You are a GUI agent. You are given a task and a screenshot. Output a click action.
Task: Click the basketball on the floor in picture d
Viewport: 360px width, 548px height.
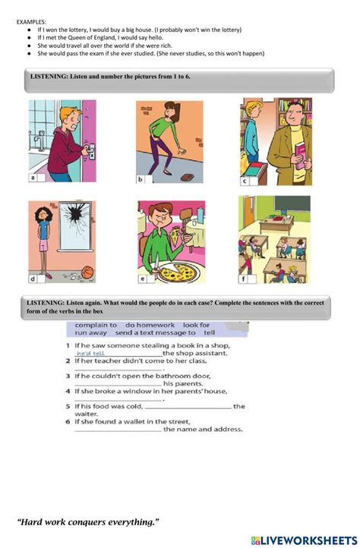click(87, 271)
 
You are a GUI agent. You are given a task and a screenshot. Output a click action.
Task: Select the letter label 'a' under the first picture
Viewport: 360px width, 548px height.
click(33, 178)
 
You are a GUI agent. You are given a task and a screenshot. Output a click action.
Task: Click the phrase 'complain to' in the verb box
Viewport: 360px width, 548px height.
click(96, 326)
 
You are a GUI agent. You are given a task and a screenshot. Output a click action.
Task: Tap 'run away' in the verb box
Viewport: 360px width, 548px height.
click(91, 332)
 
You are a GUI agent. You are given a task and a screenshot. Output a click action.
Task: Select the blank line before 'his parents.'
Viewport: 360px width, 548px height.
click(118, 385)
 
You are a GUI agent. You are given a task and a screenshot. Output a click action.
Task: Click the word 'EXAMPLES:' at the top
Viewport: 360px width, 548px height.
click(31, 22)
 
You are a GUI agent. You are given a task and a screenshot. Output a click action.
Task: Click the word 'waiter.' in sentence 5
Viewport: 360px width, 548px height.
click(86, 414)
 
